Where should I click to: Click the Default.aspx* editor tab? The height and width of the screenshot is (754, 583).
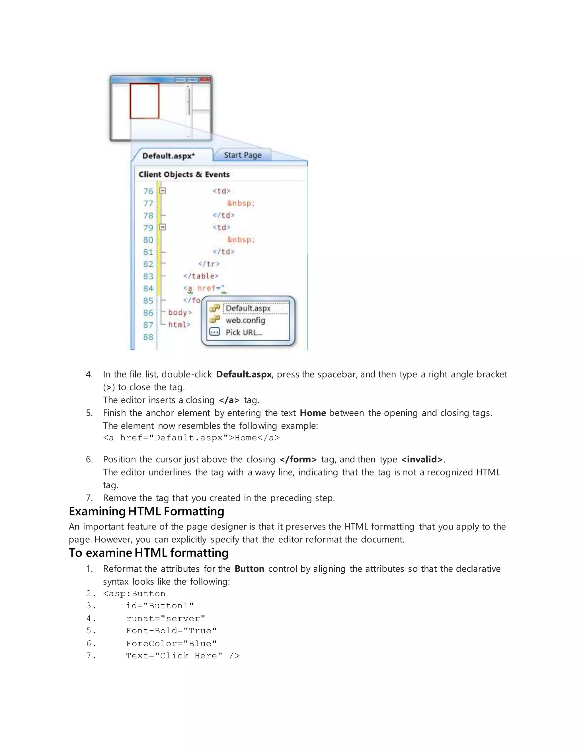coord(169,156)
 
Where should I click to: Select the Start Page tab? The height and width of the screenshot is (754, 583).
coord(243,155)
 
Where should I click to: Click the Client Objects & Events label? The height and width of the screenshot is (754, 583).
coord(184,174)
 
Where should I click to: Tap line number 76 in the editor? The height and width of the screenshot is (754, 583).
coord(148,191)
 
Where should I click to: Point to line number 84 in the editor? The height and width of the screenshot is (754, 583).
coord(148,288)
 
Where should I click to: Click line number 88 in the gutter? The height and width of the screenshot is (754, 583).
coord(148,337)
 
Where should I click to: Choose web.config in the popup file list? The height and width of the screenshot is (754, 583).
coord(245,320)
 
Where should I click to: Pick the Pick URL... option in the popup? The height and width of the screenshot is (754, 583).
coord(244,332)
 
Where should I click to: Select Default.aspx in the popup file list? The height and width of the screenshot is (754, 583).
coord(248,308)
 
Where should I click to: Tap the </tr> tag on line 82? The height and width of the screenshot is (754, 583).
coord(209,264)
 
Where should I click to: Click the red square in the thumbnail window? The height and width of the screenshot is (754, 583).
coord(144,101)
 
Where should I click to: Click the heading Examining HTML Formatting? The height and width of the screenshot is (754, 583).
coord(146,511)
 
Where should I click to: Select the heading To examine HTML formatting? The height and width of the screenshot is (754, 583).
coord(149,553)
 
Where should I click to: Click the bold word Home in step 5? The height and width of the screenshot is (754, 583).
coord(313,413)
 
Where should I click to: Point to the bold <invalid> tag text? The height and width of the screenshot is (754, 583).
coord(422,460)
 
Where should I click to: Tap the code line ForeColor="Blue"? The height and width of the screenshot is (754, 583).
coord(171,644)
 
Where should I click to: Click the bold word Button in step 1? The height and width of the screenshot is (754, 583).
coord(249,568)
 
